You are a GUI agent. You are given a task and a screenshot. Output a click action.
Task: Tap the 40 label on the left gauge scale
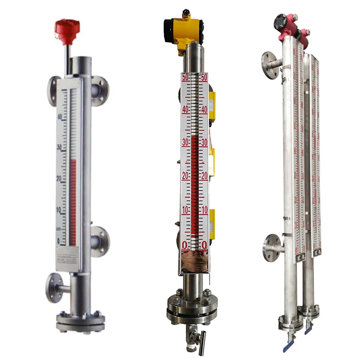tap(60, 117)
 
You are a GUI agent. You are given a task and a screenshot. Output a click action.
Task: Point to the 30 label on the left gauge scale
tap(60, 147)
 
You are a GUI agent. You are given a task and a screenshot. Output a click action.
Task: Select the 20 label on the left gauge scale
tap(60, 179)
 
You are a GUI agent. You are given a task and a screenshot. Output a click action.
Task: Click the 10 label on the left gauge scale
tap(60, 210)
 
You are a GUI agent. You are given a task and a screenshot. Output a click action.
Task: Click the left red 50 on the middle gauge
tap(185, 77)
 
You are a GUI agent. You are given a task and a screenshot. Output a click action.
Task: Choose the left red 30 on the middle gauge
tap(185, 142)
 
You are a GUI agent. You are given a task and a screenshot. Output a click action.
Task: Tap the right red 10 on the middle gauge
tap(204, 210)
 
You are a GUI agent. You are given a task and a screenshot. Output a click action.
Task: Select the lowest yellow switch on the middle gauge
tap(212, 220)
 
